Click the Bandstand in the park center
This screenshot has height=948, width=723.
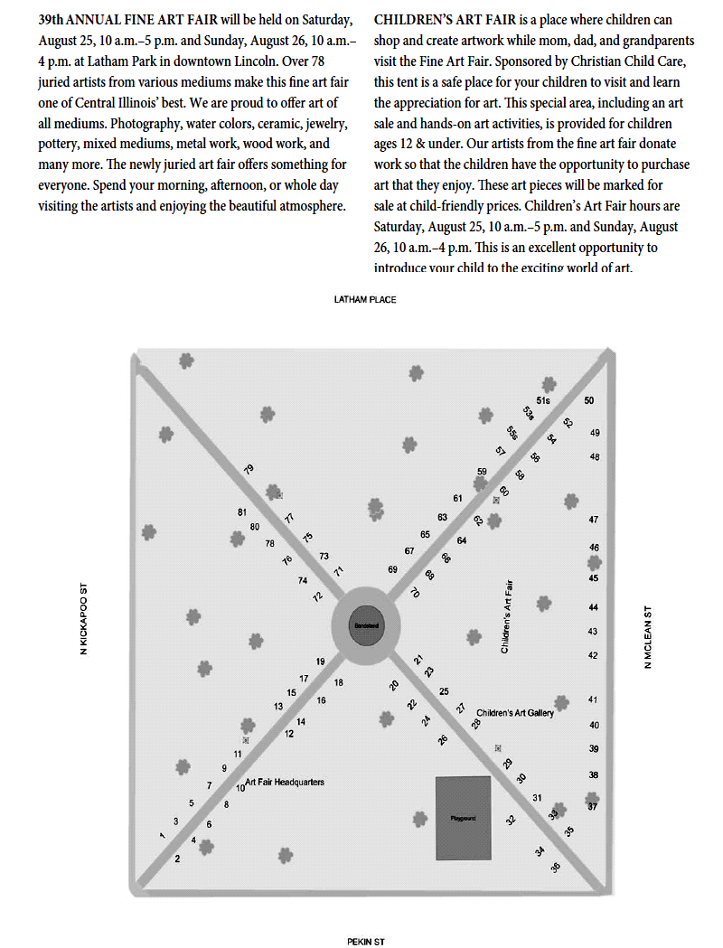tap(364, 624)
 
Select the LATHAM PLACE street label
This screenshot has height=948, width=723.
tap(365, 299)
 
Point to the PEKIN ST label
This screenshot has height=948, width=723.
tap(366, 941)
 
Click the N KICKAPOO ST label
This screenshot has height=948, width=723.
tap(83, 619)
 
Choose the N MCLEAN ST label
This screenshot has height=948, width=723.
tap(647, 636)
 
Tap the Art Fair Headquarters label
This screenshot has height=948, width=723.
tap(285, 782)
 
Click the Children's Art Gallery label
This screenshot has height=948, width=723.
tap(514, 713)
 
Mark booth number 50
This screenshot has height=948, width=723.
tap(589, 400)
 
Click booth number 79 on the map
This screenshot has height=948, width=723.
tap(249, 469)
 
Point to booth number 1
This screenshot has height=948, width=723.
tap(163, 836)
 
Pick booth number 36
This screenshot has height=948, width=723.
tap(555, 868)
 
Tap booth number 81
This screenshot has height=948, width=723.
tap(242, 512)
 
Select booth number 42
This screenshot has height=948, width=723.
tap(593, 655)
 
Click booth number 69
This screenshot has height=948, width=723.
tap(392, 569)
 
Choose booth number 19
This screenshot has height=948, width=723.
tap(320, 662)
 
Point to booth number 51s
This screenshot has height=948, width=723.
tap(543, 400)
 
